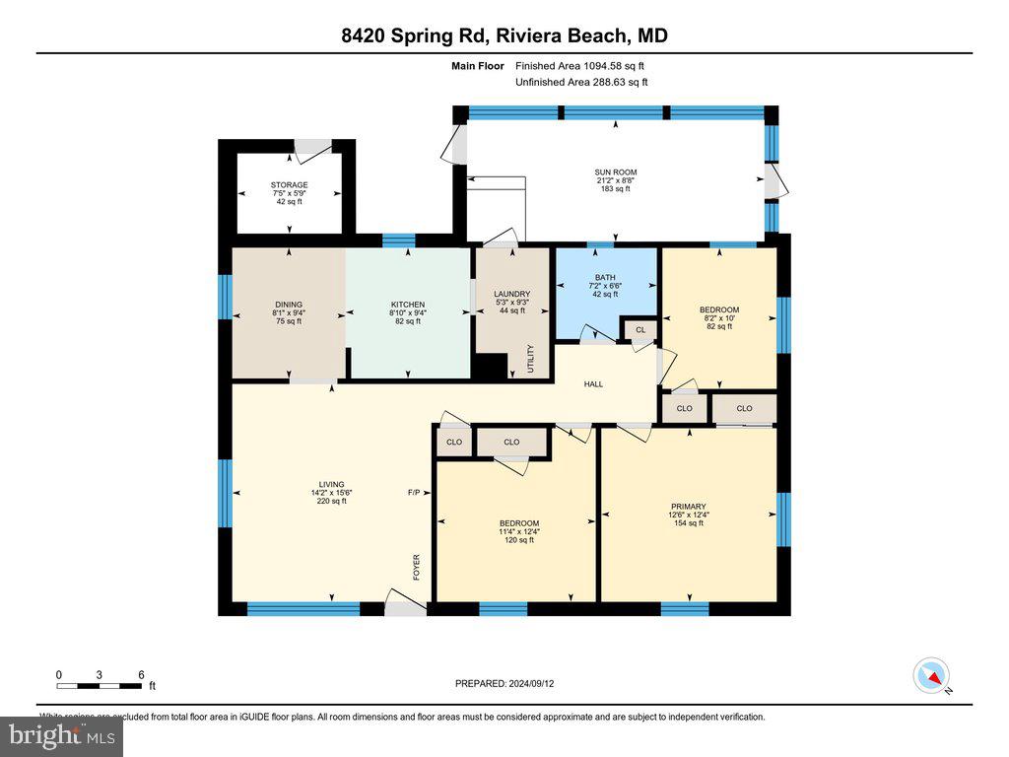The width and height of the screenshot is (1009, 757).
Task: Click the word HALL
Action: [x=593, y=384]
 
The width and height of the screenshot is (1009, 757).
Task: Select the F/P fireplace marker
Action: [x=414, y=493]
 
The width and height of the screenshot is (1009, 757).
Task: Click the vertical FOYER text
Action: [x=417, y=566]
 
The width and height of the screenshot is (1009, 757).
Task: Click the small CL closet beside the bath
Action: [x=639, y=330]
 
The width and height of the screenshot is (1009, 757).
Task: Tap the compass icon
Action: [x=931, y=676]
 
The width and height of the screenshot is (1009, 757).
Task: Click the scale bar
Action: [x=100, y=685]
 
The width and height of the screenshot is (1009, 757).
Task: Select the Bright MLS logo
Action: [x=61, y=735]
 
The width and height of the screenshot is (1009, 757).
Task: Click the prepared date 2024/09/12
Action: [x=510, y=683]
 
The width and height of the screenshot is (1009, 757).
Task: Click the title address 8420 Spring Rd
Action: [x=504, y=36]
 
